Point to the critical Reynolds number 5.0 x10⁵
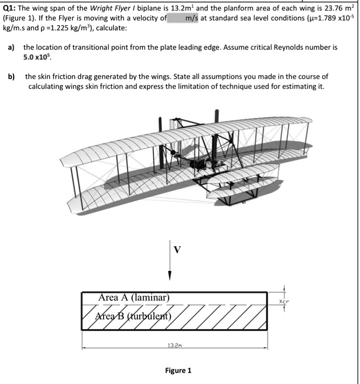pos(38,57)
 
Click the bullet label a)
pos(11,48)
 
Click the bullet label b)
pos(11,77)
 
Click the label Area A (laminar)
pos(134,297)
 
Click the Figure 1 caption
pos(178,370)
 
